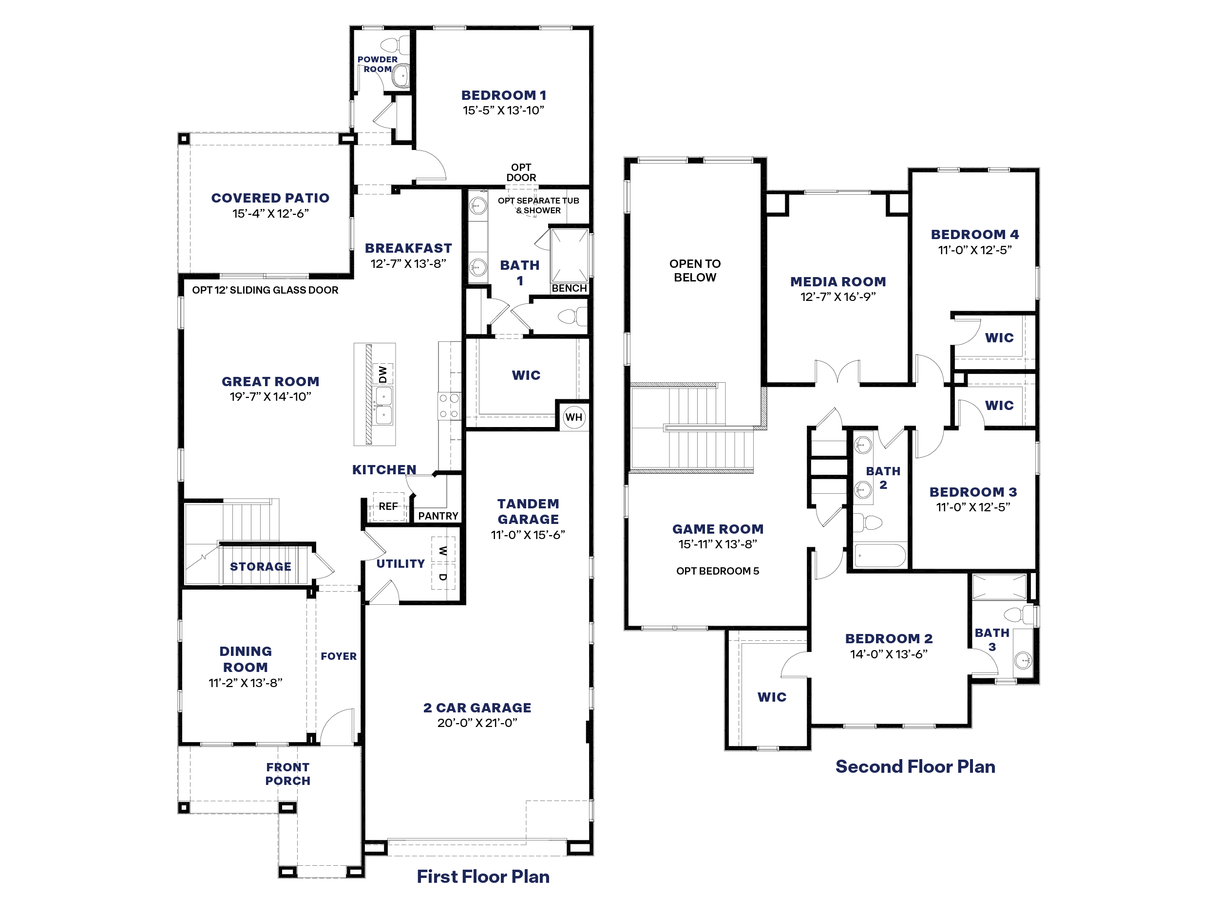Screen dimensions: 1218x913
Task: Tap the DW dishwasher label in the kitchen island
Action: click(x=382, y=374)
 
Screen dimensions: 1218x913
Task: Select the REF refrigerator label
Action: click(x=388, y=506)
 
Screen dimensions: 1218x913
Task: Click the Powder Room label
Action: click(x=377, y=64)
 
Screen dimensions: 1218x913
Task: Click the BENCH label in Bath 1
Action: click(x=570, y=288)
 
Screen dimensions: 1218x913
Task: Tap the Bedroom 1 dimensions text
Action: click(x=503, y=110)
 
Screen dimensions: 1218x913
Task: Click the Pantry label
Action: click(x=438, y=516)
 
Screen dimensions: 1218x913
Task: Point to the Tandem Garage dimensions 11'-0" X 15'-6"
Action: click(x=528, y=534)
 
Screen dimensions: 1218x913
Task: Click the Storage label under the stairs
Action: click(x=261, y=566)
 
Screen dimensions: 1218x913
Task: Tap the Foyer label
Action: click(x=339, y=656)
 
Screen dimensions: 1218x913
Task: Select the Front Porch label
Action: click(x=288, y=774)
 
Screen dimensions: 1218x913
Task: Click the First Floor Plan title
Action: click(x=483, y=876)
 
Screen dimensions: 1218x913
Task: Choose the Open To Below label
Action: click(x=695, y=270)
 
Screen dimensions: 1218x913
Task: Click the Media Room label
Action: click(x=838, y=282)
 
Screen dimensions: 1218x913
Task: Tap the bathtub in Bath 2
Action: click(x=879, y=555)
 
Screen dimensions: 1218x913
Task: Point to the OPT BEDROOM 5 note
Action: click(x=718, y=571)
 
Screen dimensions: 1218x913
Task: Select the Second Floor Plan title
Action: click(x=915, y=766)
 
